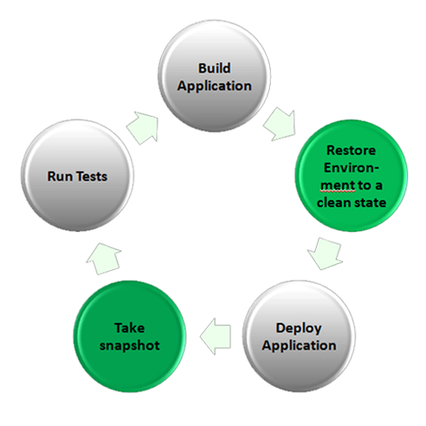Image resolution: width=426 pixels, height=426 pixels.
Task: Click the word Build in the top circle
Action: pos(215,68)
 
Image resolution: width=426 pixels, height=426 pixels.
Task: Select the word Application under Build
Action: pos(215,87)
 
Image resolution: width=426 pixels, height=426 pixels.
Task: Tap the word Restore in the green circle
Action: pos(352,151)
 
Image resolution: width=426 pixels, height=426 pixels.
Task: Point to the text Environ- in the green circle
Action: pos(352,168)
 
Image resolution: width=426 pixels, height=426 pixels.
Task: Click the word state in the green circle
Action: pos(370,203)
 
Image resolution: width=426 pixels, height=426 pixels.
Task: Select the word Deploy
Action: pos(299,328)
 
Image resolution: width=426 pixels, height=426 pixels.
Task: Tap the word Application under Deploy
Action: pos(299,345)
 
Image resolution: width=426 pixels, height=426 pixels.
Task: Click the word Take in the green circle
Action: pos(130,328)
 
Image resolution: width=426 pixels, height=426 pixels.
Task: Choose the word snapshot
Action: pos(130,345)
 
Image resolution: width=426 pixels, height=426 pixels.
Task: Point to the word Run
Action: pos(60,177)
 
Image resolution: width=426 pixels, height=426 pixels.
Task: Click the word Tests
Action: pos(92,177)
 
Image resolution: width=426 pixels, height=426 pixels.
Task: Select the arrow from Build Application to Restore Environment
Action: pos(281,124)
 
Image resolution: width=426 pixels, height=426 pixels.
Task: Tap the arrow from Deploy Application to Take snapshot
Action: pos(216,337)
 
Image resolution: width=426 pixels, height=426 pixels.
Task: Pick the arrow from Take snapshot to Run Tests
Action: pos(104,258)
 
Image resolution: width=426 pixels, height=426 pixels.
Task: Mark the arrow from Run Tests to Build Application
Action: pos(143,127)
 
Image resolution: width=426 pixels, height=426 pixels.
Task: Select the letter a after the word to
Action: pos(378,186)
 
